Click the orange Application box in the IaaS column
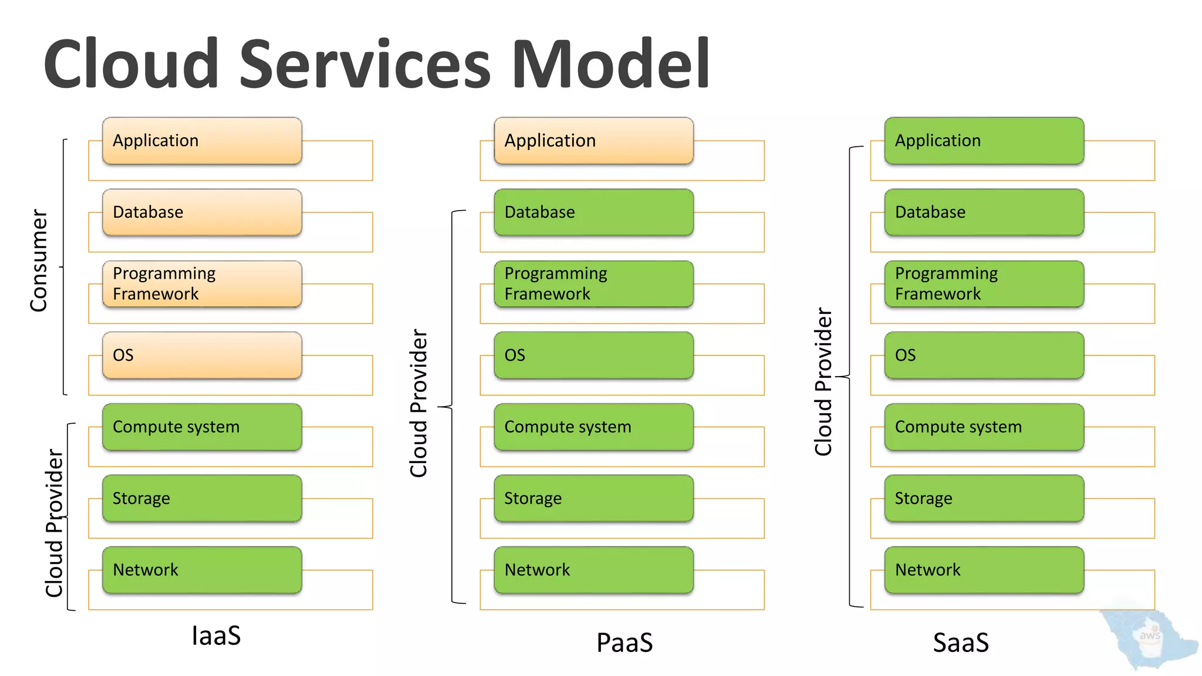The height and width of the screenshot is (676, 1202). point(202,141)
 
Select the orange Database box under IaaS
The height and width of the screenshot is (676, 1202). point(202,212)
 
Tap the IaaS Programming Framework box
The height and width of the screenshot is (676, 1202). point(202,284)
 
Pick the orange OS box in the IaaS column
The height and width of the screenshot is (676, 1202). point(202,356)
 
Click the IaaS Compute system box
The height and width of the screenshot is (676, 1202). point(202,427)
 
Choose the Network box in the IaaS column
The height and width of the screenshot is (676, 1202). point(202,570)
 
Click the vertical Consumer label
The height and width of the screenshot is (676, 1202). point(39,261)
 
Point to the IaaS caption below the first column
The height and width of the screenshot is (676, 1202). point(216,636)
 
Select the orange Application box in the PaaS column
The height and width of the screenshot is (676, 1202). point(593,141)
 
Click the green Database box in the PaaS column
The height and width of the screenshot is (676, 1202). point(593,212)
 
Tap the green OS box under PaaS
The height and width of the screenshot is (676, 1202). point(593,356)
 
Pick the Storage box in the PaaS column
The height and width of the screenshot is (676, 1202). point(593,499)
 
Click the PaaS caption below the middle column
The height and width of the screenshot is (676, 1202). point(624,643)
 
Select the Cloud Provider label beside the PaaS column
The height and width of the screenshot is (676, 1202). point(418,403)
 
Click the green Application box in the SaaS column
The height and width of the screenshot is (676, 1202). point(984,141)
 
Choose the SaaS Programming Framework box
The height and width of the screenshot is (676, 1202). point(984,284)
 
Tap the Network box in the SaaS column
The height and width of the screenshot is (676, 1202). point(984,570)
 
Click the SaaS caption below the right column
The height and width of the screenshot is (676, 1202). point(961,643)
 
